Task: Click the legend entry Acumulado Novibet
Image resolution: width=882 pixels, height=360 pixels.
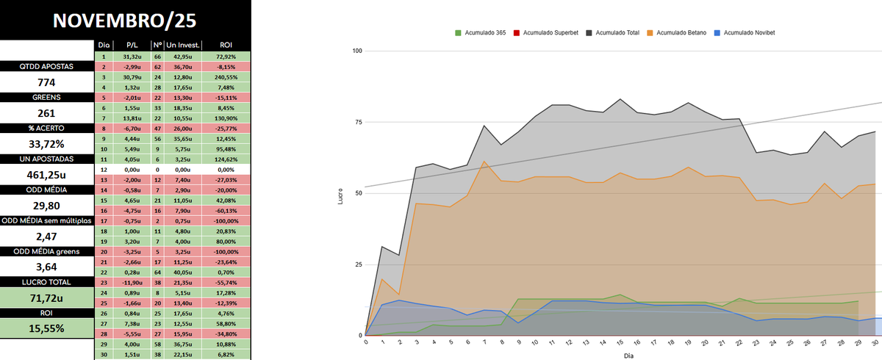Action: click(749, 32)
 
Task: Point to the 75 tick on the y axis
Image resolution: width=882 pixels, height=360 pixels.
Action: click(358, 122)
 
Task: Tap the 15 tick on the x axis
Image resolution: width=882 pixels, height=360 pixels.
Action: click(620, 343)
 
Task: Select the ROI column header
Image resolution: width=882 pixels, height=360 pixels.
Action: click(225, 46)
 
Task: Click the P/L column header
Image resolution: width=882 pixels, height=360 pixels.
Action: click(132, 46)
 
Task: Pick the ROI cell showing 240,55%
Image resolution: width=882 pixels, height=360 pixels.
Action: click(225, 77)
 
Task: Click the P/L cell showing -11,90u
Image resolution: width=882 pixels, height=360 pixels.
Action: click(132, 282)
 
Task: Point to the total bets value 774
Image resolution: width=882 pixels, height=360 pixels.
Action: click(47, 82)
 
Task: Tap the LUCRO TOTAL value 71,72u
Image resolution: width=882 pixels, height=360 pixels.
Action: click(47, 298)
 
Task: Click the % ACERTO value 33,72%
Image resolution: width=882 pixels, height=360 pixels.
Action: click(47, 144)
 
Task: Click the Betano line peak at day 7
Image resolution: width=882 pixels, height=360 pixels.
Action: click(484, 162)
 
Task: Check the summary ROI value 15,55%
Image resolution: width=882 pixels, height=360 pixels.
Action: click(47, 328)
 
